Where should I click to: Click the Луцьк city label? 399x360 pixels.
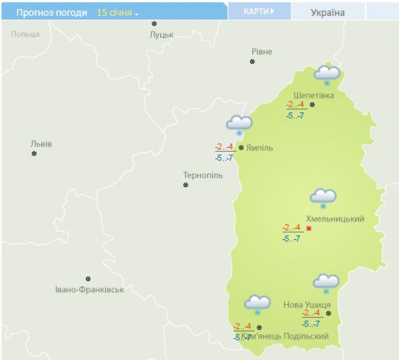(x=161, y=34)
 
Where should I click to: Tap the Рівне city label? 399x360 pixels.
(x=262, y=52)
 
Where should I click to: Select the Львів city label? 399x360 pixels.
(x=41, y=144)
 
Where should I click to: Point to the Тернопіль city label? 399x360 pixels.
(x=202, y=175)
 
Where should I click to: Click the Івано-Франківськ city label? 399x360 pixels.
(x=89, y=290)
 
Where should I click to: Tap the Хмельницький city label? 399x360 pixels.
(x=335, y=219)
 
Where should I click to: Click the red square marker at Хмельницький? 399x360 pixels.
(x=309, y=229)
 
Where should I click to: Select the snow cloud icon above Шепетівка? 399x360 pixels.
(x=327, y=74)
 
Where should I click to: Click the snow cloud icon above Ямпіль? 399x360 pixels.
(x=239, y=125)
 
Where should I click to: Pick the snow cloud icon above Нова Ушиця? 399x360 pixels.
(x=326, y=282)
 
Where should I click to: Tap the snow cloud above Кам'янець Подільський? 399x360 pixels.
(x=257, y=304)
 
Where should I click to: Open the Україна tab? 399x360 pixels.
(x=328, y=12)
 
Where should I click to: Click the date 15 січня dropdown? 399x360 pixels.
(x=117, y=13)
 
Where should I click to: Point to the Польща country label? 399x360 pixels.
(x=25, y=34)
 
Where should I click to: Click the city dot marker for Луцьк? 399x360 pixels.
(x=154, y=23)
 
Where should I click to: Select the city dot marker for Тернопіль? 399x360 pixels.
(x=185, y=185)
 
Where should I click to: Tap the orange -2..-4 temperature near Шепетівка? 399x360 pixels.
(x=295, y=105)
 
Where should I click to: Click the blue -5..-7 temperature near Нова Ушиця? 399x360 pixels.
(x=311, y=324)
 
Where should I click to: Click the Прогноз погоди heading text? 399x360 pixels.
(x=52, y=13)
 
